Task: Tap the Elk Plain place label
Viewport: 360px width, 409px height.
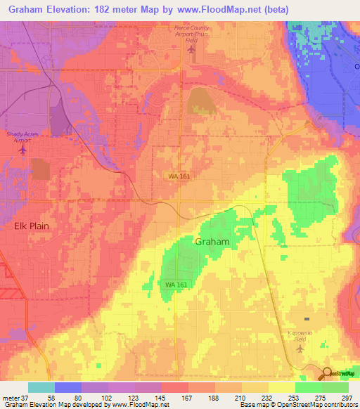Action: tap(30, 227)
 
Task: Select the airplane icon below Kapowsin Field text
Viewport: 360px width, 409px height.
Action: tap(301, 348)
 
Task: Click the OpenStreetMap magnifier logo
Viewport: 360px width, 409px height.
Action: tap(328, 374)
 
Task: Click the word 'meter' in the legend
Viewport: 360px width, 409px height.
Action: tap(10, 398)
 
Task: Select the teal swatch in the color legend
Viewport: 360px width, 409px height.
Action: tap(41, 387)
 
